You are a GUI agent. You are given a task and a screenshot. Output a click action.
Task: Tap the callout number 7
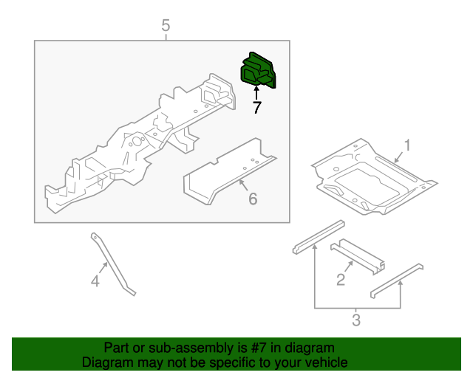256,108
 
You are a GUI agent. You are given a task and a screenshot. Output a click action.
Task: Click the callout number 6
252,198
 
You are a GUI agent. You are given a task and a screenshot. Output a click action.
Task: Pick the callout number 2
341,278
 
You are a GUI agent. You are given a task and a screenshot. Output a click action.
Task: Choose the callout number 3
355,320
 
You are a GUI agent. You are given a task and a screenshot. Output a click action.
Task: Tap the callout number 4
95,281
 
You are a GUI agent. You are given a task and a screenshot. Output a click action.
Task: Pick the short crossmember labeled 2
358,254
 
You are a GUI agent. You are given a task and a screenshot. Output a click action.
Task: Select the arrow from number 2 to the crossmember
346,267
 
